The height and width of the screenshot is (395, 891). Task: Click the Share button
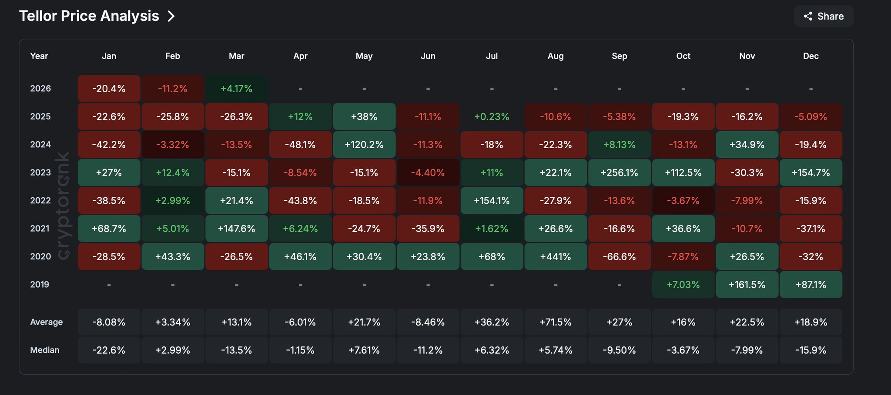824,17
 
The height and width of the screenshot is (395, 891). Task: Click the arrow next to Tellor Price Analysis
171,17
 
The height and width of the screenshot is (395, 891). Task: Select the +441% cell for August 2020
556,257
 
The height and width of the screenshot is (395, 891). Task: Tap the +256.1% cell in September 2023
619,173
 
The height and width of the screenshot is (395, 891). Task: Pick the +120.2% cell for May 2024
364,145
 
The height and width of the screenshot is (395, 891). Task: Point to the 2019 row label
40,285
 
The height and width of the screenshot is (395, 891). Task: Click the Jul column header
492,56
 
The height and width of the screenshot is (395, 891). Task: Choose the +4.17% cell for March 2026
236,89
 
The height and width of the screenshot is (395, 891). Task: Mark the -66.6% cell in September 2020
619,257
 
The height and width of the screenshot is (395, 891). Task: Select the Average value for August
556,322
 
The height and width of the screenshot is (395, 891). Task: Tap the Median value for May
364,350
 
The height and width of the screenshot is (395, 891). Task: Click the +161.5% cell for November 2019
747,285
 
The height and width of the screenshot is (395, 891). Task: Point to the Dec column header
811,56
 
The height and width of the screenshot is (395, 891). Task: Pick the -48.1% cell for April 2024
300,145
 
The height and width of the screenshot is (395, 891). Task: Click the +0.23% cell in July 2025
492,117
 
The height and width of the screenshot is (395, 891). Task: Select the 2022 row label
40,201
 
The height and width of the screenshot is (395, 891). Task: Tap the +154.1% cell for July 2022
492,201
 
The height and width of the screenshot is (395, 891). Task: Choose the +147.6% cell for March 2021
236,229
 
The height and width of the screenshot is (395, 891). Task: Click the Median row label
44,350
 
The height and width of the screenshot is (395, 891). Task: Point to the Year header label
39,56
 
